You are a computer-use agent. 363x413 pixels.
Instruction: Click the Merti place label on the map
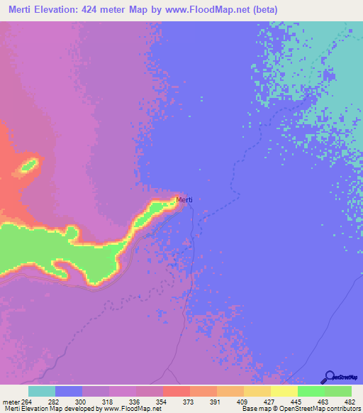[x=184, y=199]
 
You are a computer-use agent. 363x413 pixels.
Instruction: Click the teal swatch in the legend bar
[x=42, y=391]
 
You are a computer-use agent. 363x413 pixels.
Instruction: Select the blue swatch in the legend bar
[x=69, y=391]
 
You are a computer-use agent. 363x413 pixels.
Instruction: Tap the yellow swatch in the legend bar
[x=284, y=391]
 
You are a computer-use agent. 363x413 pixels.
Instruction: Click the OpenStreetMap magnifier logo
[x=328, y=377]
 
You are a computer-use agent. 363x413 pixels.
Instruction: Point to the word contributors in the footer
[x=340, y=409]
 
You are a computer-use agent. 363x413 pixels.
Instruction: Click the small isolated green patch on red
[x=28, y=166]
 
